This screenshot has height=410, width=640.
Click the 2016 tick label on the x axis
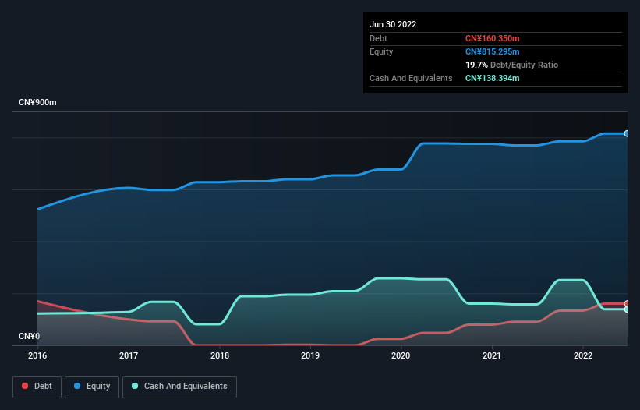pos(37,355)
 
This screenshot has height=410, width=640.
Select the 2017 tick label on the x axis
pos(129,355)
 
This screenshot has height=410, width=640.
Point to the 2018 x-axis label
pos(220,355)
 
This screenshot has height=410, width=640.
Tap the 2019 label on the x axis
pos(310,355)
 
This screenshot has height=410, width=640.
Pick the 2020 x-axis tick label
pos(401,355)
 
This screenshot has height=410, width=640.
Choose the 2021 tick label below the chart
pos(492,355)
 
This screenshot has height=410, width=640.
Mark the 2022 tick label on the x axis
pos(582,355)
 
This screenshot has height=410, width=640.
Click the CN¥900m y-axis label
pos(37,103)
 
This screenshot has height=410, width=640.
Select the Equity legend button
pos(92,386)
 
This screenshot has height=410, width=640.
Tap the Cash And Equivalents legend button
pos(179,386)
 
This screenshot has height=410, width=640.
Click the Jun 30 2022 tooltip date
pos(393,24)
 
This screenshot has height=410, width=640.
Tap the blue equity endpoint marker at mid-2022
pos(626,134)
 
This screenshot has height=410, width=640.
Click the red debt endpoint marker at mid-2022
pos(626,303)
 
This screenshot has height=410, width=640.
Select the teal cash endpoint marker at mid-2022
pos(626,309)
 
